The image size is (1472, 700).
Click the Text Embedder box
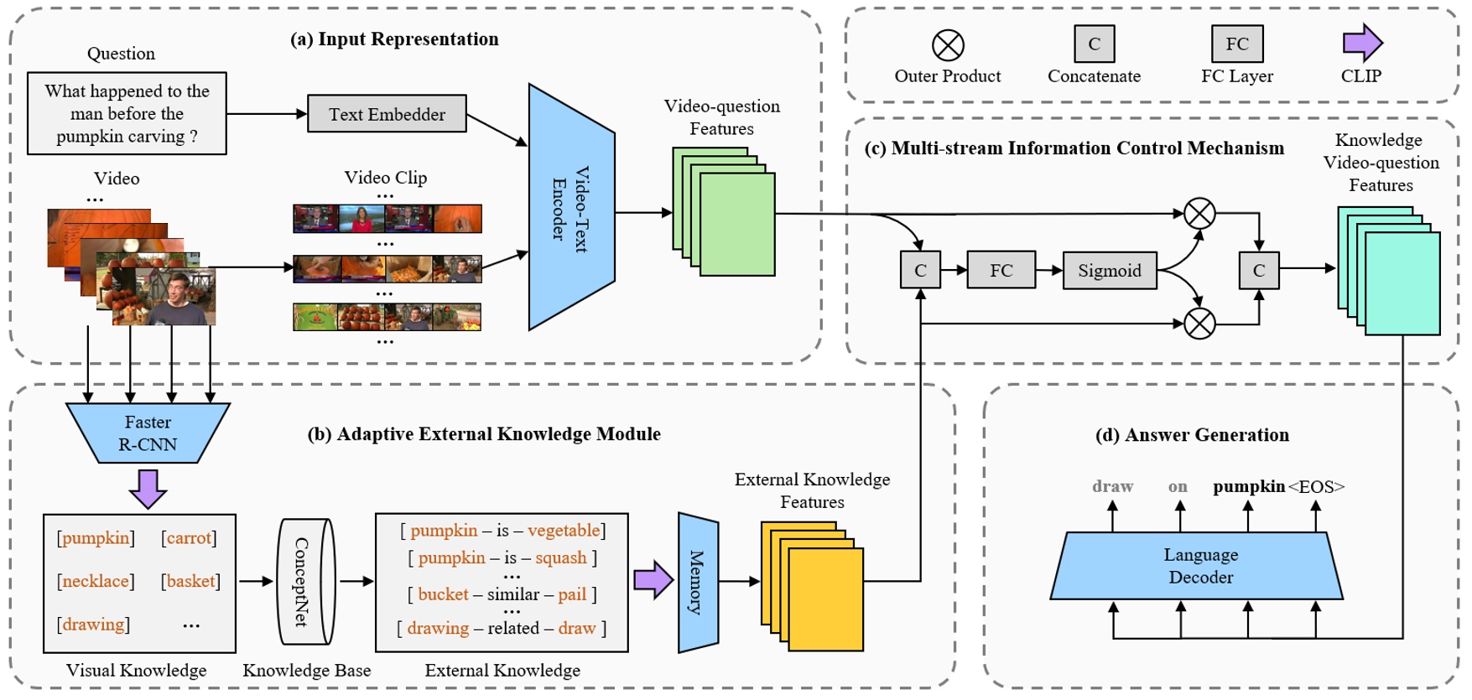387,114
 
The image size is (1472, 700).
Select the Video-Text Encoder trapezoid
571,208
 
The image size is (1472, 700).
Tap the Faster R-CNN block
148,433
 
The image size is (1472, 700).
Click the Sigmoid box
1109,271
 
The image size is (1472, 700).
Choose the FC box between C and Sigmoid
1001,271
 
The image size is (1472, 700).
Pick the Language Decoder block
1199,566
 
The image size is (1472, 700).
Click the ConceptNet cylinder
304,582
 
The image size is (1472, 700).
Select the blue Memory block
698,583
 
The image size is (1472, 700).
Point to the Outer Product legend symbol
948,44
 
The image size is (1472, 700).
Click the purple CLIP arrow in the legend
1362,43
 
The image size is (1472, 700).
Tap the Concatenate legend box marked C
1094,44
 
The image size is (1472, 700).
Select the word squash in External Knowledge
561,558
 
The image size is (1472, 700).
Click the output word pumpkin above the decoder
1248,486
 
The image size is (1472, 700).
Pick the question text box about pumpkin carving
127,114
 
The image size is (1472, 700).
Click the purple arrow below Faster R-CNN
148,489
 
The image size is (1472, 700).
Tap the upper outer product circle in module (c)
1199,214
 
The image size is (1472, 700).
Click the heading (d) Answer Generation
1192,435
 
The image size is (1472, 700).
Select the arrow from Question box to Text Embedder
267,114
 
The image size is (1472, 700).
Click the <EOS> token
1316,487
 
